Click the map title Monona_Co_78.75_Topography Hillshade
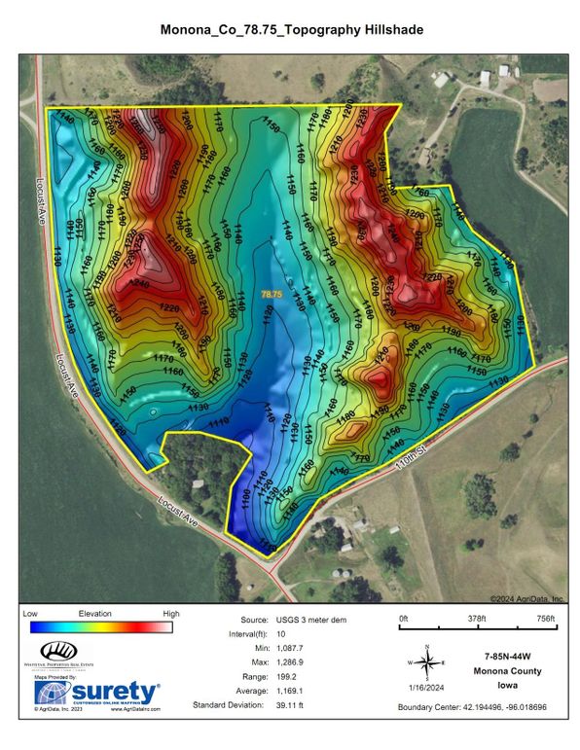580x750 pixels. tap(291, 30)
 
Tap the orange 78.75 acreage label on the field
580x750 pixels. tap(271, 293)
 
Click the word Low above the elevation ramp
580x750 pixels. tap(30, 614)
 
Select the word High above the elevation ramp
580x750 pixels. tap(171, 614)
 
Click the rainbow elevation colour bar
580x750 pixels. tap(100, 626)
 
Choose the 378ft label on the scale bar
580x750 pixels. tap(476, 619)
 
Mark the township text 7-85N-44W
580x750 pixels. tap(509, 659)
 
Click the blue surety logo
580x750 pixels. tap(97, 692)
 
